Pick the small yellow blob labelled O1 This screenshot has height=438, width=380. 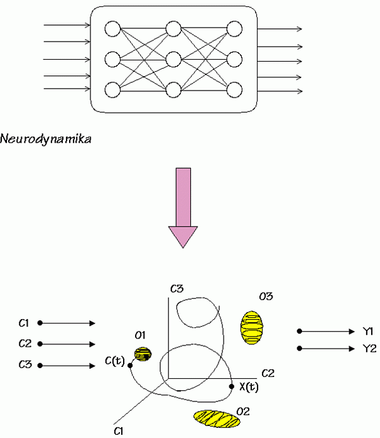coord(144,354)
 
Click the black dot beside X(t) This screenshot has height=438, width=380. coord(232,386)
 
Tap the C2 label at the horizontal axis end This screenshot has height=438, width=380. coord(268,373)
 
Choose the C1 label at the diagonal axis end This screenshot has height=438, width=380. coord(119,430)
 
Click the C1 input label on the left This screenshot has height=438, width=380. coord(24,323)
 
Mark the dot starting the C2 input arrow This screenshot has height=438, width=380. coord(40,344)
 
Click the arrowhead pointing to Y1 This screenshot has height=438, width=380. coord(352,331)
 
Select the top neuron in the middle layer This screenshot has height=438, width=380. coord(173,29)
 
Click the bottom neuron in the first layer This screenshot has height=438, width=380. coord(112,89)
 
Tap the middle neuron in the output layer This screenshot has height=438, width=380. coord(234,59)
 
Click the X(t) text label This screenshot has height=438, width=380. coord(249,387)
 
